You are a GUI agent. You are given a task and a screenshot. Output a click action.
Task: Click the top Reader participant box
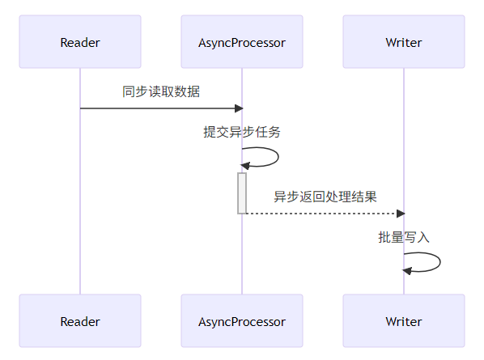point(80,42)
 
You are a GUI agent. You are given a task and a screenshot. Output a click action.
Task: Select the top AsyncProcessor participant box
point(242,42)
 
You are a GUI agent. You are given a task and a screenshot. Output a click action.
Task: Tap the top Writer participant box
point(403,42)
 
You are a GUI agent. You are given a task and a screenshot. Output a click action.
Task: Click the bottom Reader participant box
point(80,321)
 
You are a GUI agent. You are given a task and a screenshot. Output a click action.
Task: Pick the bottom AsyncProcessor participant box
point(242,321)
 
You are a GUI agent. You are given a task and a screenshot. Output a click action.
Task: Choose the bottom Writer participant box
point(403,321)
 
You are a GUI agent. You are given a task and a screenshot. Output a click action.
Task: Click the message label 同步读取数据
point(161,91)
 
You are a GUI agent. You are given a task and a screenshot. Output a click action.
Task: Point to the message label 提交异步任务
point(242,132)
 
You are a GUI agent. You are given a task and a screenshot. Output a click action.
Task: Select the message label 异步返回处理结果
point(325,197)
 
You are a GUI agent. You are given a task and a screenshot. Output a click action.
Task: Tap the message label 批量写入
point(403,237)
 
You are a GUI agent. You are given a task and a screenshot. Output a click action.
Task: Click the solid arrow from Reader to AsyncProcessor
point(161,108)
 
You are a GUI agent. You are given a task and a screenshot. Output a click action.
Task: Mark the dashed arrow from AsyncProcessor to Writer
point(324,214)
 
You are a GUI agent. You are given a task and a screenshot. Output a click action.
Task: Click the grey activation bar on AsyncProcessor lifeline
point(242,193)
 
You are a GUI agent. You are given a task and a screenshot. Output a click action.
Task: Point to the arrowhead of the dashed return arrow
point(400,214)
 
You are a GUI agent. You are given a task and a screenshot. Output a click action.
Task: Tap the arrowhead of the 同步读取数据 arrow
point(238,108)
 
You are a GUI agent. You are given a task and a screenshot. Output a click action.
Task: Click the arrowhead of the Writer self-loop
point(408,271)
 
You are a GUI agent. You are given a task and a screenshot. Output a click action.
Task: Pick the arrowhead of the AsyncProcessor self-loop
point(246,166)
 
